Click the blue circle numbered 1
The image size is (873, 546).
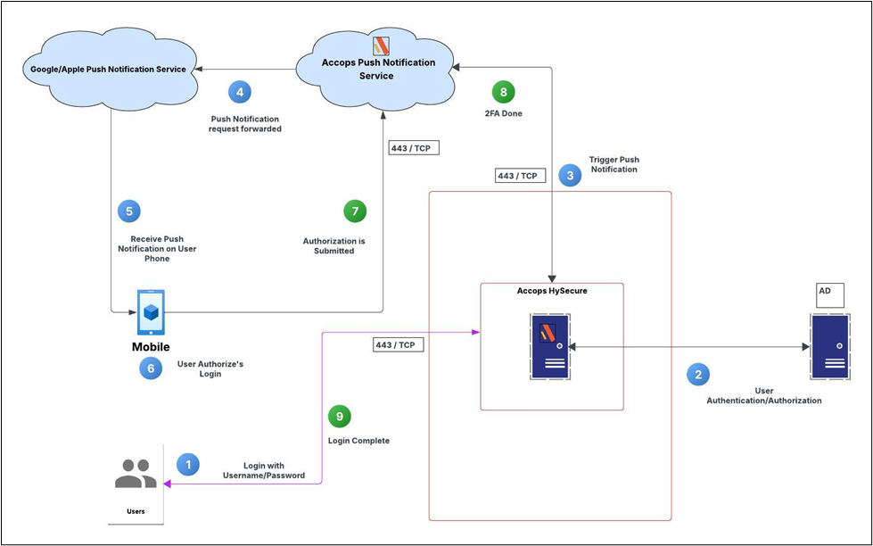click(188, 464)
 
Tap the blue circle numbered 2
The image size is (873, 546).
click(698, 374)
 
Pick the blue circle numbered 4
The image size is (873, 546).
click(239, 92)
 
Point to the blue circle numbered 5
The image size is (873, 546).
click(129, 211)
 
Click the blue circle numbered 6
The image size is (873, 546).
click(151, 368)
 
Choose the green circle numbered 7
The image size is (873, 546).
click(355, 211)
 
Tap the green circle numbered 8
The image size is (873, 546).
click(504, 91)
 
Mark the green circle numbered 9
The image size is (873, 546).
click(339, 416)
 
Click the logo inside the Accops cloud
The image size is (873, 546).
click(381, 45)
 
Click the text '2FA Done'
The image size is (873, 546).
click(504, 113)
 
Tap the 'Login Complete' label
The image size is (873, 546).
click(358, 441)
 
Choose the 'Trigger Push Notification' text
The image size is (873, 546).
click(614, 164)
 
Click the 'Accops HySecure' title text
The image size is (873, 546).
click(551, 291)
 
